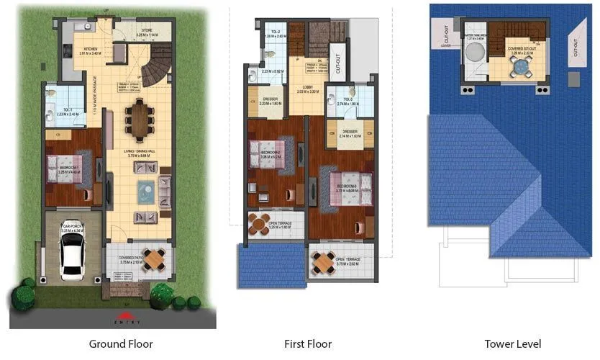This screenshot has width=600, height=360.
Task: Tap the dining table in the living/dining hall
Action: [138, 120]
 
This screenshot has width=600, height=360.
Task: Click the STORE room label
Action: [146, 30]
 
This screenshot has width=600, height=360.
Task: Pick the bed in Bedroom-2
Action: [267, 154]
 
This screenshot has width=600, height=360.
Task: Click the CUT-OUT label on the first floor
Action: [335, 63]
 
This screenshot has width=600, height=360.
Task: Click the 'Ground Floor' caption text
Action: [120, 344]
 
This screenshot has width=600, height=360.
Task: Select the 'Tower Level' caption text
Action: [512, 344]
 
